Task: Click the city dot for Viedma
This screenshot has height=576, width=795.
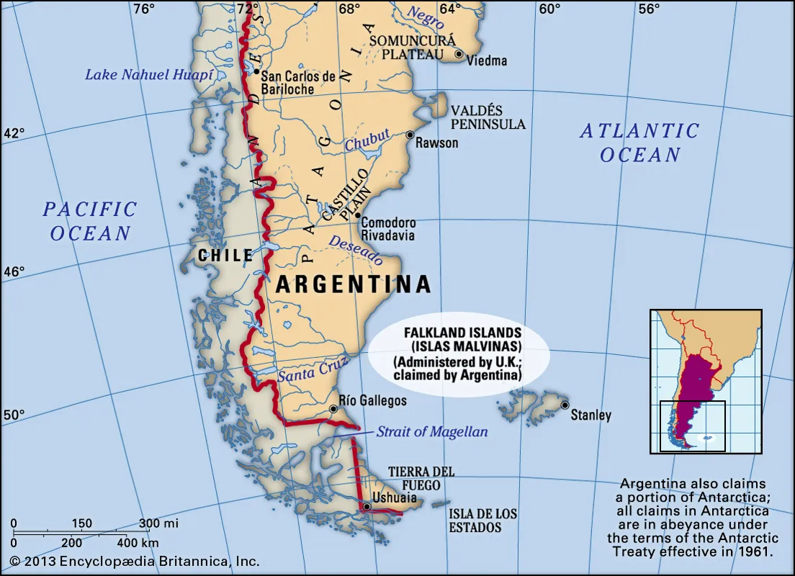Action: tap(459, 54)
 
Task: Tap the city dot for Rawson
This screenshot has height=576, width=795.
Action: tap(410, 135)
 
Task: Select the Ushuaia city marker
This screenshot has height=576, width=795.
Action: tap(367, 507)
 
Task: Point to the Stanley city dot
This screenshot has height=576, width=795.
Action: tap(565, 405)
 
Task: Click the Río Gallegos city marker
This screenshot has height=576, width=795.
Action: tap(333, 409)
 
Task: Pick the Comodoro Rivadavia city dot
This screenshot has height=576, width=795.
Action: tap(357, 215)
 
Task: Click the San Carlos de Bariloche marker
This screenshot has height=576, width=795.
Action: tap(256, 71)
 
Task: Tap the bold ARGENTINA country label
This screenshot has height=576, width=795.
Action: tap(354, 284)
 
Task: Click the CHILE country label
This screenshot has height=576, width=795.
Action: tap(225, 256)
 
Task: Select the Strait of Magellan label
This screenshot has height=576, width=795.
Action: tap(432, 432)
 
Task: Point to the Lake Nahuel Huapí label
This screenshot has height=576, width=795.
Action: tap(149, 74)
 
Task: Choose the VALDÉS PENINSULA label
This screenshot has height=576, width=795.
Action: tap(488, 117)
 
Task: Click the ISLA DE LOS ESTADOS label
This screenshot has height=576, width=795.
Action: tap(483, 520)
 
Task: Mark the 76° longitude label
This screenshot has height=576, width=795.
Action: tap(143, 9)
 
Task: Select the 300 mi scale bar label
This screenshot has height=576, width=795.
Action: tap(158, 523)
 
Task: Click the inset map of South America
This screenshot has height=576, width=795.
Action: tap(706, 382)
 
